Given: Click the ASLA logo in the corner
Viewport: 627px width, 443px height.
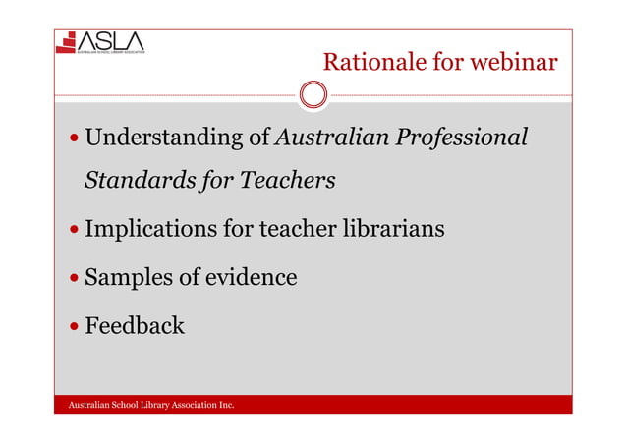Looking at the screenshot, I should click(101, 43).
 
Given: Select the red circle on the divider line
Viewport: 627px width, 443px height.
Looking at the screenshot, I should click(313, 95).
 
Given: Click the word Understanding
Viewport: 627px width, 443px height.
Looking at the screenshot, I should click(163, 138).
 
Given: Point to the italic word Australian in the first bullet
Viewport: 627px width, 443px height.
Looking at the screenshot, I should click(331, 138).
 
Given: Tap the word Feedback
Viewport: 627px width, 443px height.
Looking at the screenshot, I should click(135, 325).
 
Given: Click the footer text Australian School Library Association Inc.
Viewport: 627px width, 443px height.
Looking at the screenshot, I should click(149, 404).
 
